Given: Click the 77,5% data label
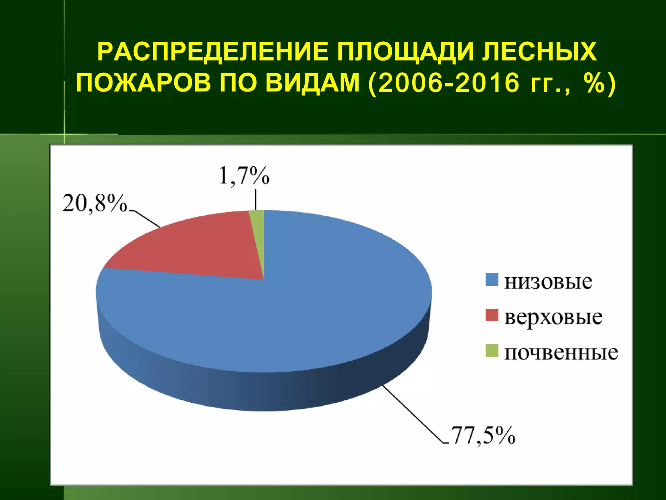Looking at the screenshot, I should [x=483, y=435].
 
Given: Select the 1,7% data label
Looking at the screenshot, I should [x=244, y=176].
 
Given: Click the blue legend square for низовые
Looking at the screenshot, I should [x=492, y=280].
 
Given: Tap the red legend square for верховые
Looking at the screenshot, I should [x=492, y=315].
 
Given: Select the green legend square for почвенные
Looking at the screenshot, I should [x=492, y=351].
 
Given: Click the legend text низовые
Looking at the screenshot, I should [x=548, y=282].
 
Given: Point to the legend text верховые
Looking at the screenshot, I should [x=553, y=317].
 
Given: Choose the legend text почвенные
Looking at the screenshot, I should [x=561, y=353].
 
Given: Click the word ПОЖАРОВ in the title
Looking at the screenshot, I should [x=143, y=83].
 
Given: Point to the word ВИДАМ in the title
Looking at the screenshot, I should [x=312, y=83].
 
